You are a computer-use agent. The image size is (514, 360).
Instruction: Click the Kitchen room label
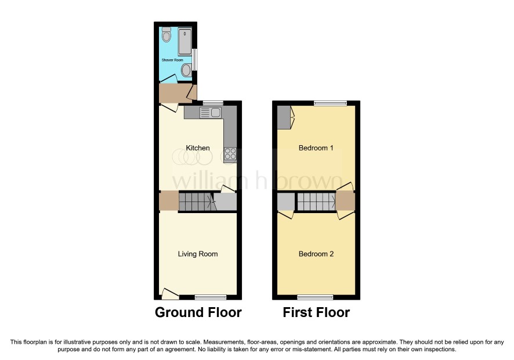(x=198, y=148)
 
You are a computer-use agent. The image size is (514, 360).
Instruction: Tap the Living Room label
(x=198, y=254)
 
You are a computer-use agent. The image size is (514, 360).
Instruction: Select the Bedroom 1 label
(x=316, y=148)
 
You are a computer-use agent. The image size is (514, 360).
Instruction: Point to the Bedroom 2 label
(x=316, y=254)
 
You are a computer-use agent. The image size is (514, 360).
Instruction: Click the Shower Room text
(x=172, y=60)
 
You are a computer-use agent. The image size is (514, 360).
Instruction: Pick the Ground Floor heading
(x=198, y=312)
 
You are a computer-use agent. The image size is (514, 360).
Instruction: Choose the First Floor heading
(x=316, y=312)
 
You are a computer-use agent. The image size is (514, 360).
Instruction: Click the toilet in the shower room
(x=166, y=35)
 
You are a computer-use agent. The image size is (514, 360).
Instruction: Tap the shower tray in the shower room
(x=185, y=41)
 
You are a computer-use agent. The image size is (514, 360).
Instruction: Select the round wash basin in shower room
(x=187, y=70)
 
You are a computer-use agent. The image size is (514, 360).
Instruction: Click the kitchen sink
(x=211, y=113)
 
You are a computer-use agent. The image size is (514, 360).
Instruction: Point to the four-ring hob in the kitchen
(x=230, y=154)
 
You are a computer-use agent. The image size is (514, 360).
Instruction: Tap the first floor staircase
(x=316, y=201)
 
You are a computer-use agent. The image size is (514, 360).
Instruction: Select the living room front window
(x=211, y=297)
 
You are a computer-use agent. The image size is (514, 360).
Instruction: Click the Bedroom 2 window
(x=316, y=297)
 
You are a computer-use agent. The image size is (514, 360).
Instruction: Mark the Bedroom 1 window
(x=331, y=103)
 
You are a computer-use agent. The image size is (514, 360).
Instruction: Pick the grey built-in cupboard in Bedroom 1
(x=284, y=117)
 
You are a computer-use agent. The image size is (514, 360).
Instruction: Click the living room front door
(x=171, y=294)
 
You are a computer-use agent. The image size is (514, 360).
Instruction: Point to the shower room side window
(x=195, y=59)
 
